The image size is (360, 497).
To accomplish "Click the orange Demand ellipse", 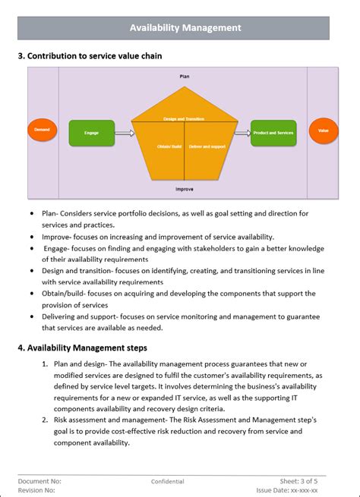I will coord(42,131).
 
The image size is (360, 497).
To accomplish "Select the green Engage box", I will coord(92,133).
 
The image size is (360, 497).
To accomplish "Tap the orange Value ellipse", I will coord(324,131).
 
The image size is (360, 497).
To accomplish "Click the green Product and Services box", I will coord(273,133).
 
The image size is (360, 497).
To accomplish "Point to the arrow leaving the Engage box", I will coord(124,133).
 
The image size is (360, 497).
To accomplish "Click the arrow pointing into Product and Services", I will coord(242,133).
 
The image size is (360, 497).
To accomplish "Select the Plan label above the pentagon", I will coord(185,77).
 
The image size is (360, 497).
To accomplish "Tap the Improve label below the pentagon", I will coord(185,188).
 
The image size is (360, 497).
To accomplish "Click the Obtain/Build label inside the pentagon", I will coord(169,146).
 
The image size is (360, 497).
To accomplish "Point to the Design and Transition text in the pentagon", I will coord(185,119).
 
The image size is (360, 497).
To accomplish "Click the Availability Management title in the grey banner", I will coord(185,28).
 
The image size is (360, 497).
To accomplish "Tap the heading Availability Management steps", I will coord(82,348).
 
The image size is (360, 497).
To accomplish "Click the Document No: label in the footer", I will coord(40,481).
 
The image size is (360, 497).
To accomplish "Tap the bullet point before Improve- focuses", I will coord(32,237).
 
